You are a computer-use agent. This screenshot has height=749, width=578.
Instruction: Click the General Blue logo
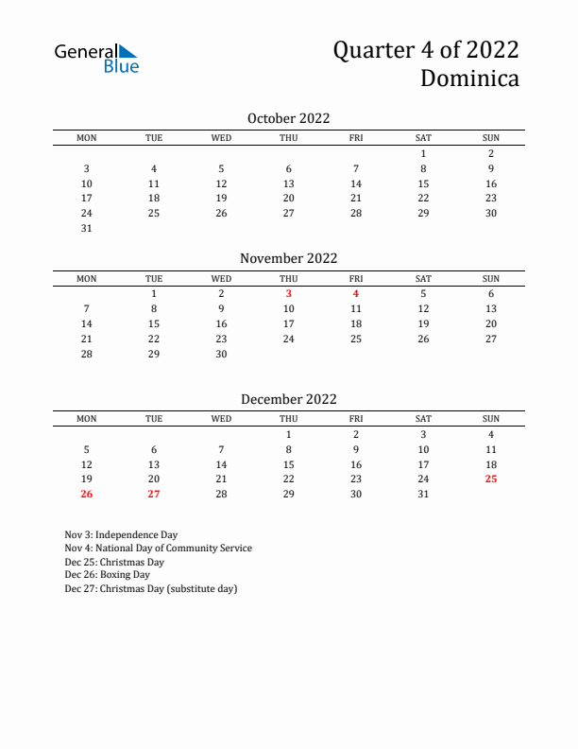[x=96, y=59]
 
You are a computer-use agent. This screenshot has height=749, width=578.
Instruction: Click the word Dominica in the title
[x=469, y=78]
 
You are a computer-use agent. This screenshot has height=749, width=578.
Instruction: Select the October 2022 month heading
[x=288, y=118]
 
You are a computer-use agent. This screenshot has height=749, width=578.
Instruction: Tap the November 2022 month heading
[x=288, y=258]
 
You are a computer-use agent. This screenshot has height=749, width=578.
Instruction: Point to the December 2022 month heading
[x=288, y=399]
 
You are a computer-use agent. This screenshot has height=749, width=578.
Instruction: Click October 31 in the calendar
[x=87, y=228]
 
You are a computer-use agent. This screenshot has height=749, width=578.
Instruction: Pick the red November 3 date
[x=288, y=293]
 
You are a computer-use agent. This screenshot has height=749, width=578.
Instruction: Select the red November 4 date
[x=356, y=293]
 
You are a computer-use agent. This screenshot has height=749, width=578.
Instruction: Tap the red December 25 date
[x=491, y=479]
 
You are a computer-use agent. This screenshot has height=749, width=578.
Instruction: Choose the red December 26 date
[x=87, y=494]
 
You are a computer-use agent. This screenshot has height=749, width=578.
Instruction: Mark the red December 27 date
[x=154, y=494]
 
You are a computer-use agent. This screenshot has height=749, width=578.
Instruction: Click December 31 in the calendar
[x=423, y=494]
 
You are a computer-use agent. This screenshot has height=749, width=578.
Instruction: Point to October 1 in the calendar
[x=423, y=153]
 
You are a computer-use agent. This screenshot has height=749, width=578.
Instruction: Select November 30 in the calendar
[x=221, y=354]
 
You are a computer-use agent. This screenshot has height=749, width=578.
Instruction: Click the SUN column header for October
[x=491, y=138]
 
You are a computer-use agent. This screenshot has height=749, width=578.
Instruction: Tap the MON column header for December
[x=87, y=419]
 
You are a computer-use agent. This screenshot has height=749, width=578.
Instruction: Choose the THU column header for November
[x=288, y=278]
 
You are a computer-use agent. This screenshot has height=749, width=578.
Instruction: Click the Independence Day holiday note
[x=121, y=534]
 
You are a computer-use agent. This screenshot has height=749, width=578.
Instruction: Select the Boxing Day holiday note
[x=107, y=574]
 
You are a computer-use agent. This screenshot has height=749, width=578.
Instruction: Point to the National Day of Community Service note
[x=158, y=548]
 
